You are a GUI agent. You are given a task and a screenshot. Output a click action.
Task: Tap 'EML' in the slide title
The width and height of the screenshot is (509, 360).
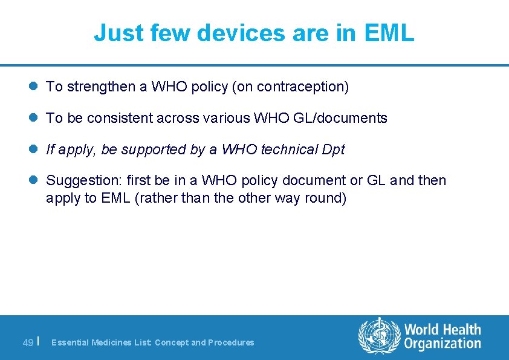click(389, 33)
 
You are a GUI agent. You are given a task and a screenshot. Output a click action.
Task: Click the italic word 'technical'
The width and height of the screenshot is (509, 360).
click(288, 149)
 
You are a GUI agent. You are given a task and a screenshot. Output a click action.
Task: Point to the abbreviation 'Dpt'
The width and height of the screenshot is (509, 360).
click(333, 149)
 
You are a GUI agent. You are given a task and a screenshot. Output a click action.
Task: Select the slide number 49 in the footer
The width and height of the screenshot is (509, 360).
click(28, 342)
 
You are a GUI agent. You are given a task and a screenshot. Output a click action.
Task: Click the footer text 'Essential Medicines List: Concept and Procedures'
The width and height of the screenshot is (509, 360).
click(152, 342)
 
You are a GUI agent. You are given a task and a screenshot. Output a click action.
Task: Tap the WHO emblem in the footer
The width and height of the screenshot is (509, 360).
click(379, 336)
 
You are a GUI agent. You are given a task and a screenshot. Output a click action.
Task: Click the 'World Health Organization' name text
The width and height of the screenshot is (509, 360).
click(443, 336)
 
